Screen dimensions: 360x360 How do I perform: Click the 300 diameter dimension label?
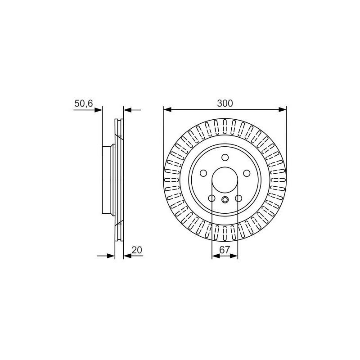pos(225,103)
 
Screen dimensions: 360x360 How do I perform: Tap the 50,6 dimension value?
pos(84,103)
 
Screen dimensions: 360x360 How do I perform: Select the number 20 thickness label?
pos(137,250)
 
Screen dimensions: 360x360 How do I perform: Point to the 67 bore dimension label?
pos(225,250)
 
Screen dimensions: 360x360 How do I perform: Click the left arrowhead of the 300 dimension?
pos(167,110)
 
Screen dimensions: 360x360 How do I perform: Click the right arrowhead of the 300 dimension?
pos(283,110)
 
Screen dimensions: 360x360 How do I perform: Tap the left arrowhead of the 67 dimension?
pos(216,256)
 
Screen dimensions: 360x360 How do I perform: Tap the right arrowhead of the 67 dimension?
pos(234,256)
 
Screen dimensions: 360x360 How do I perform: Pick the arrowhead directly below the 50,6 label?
pos(98,110)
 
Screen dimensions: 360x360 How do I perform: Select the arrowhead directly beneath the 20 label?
pos(127,256)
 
